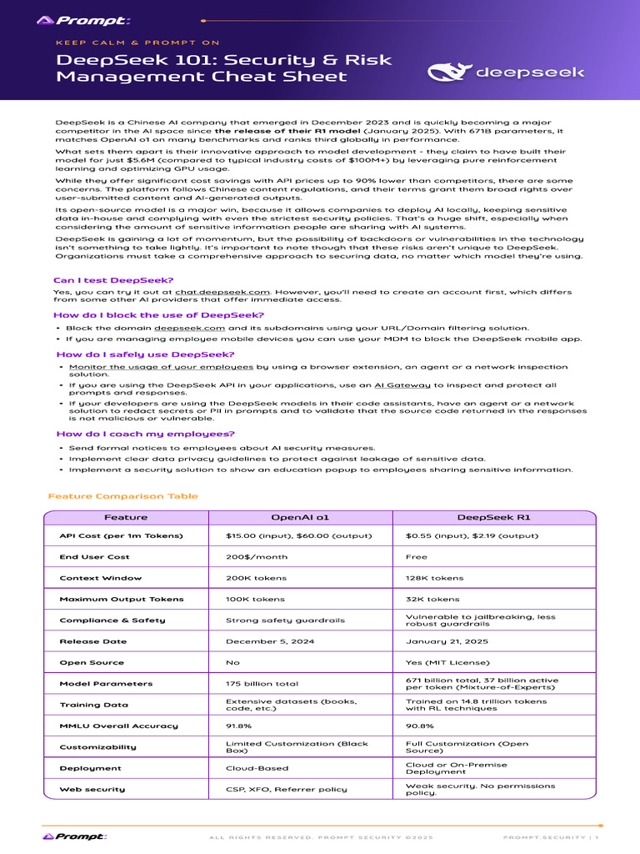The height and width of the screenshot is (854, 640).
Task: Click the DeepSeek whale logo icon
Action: (x=449, y=72)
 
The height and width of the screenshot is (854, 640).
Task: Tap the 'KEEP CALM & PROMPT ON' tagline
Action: (x=137, y=43)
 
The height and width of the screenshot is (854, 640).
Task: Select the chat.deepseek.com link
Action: (x=222, y=293)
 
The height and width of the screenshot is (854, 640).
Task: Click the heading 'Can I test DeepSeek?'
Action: (x=113, y=280)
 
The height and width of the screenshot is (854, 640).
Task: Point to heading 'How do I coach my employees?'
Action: (x=145, y=434)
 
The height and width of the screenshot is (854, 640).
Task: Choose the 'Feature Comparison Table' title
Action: (x=123, y=496)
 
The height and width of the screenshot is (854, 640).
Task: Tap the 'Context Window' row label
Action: (x=101, y=578)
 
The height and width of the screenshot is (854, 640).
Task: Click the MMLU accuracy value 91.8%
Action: (x=240, y=726)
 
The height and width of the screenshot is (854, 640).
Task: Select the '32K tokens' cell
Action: (x=432, y=599)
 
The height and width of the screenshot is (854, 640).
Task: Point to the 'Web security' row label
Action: (x=92, y=789)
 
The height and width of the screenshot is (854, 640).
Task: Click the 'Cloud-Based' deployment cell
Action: (x=257, y=768)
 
